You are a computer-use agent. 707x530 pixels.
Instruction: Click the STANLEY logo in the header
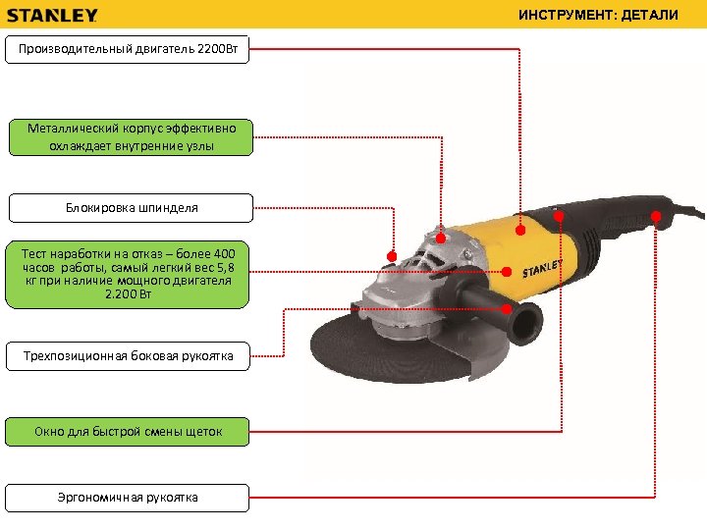point(53,15)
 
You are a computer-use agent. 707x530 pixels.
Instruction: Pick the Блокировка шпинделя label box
point(131,208)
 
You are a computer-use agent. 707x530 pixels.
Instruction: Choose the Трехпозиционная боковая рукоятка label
point(128,356)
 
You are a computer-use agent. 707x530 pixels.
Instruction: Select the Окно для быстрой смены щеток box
point(128,431)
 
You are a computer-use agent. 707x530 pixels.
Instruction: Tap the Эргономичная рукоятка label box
point(128,498)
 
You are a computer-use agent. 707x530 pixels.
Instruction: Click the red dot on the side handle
point(508,308)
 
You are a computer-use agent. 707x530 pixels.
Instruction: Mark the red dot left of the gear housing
point(392,256)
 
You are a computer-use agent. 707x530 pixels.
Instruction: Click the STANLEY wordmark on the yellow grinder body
point(541,268)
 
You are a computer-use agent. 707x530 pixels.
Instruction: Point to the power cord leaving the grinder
point(691,209)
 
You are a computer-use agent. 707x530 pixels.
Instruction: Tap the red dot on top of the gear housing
point(441,238)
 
